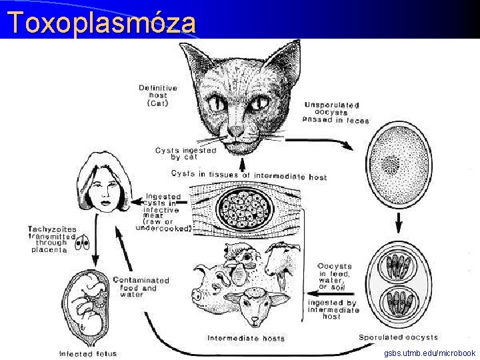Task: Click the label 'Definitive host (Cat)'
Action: [x=158, y=95]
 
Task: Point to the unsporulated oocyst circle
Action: [x=397, y=163]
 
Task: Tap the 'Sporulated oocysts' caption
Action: [x=398, y=337]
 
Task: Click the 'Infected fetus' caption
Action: [x=87, y=353]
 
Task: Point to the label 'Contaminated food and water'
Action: [x=141, y=287]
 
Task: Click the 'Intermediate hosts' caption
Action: [x=246, y=338]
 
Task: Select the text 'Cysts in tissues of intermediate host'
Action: [x=249, y=175]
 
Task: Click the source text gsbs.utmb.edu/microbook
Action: [x=430, y=353]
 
